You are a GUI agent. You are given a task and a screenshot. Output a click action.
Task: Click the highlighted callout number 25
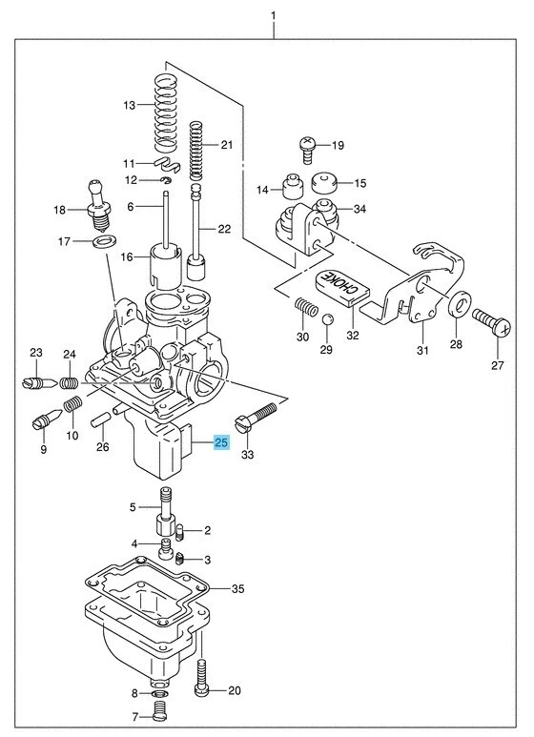tap(221, 442)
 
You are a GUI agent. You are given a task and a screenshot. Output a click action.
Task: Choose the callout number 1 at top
tap(273, 15)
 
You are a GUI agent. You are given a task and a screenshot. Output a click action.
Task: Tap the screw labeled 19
tap(308, 146)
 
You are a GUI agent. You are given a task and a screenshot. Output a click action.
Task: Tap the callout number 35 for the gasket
tap(238, 589)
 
